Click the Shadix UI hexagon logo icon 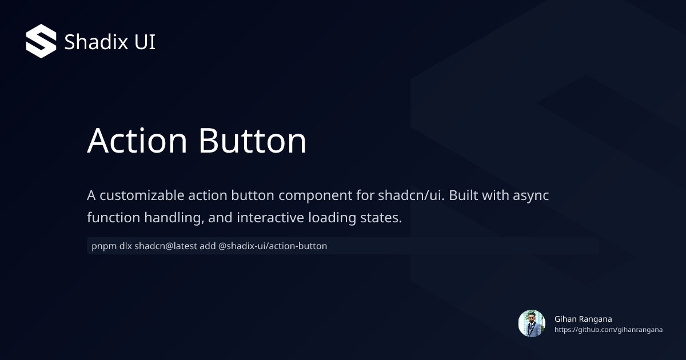point(41,41)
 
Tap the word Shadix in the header point(89,42)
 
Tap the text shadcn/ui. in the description point(411,195)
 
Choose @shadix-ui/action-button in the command point(273,246)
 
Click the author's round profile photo point(532,323)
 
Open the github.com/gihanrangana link point(608,330)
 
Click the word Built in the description point(464,195)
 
